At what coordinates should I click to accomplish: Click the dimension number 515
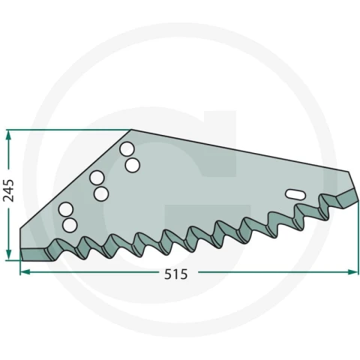(175, 274)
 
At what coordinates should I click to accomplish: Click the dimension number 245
(8, 190)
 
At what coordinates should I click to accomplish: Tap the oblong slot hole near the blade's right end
(295, 194)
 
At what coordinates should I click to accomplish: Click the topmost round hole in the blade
(127, 148)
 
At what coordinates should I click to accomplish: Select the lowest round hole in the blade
(70, 225)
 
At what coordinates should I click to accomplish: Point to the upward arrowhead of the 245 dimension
(8, 136)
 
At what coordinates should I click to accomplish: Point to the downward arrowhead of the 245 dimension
(8, 254)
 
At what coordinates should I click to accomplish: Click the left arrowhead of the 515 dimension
(25, 271)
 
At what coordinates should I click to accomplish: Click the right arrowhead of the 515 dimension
(350, 271)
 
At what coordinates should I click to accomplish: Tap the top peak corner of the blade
(131, 130)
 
